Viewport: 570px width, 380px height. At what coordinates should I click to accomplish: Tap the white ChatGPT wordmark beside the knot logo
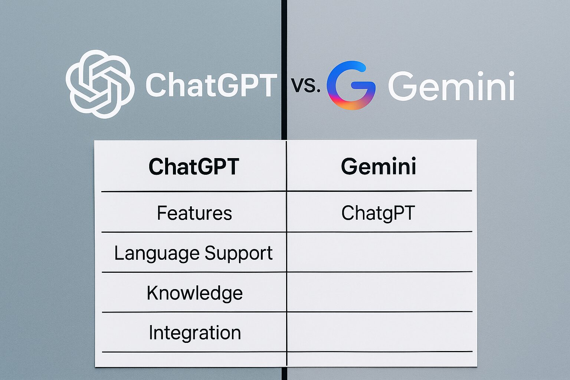click(211, 85)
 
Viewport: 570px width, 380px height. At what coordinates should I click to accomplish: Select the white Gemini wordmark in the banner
click(451, 86)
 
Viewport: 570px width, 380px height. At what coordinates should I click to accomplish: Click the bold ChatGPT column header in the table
click(194, 167)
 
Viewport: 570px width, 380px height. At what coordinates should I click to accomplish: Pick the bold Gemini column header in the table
click(379, 167)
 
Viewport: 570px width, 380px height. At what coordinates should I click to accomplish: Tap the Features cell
click(194, 213)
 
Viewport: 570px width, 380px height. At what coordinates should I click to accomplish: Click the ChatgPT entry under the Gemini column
click(378, 214)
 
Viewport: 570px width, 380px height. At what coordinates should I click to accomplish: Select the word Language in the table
click(157, 253)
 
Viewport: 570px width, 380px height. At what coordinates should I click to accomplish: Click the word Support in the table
click(239, 253)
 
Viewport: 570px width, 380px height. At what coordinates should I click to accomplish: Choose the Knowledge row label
click(195, 293)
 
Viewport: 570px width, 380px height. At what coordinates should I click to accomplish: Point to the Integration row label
click(195, 332)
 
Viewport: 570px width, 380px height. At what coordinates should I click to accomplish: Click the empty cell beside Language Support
click(379, 252)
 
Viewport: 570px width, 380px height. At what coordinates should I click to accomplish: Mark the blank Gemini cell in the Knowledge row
click(379, 292)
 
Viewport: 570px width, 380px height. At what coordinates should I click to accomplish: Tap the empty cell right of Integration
click(379, 332)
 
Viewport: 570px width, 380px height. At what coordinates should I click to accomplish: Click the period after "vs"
click(318, 91)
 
